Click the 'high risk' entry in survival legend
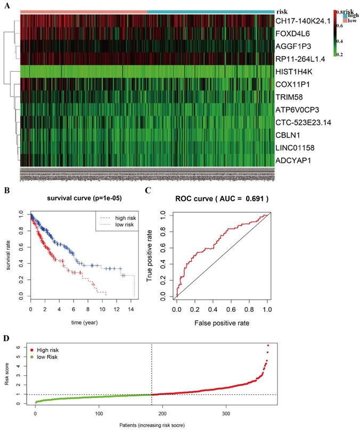click(116, 217)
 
